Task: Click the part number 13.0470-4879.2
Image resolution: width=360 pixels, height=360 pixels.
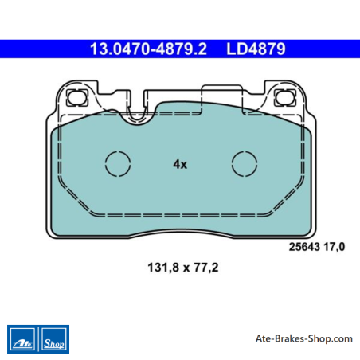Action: coord(148,49)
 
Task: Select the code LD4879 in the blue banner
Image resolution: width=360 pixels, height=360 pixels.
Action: coord(256,49)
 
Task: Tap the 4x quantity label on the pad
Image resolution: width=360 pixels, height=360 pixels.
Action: coord(180,164)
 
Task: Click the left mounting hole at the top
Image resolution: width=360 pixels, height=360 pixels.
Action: coord(77,97)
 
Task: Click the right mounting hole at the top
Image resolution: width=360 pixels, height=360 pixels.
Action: coord(285,97)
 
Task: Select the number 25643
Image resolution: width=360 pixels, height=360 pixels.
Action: coord(304,247)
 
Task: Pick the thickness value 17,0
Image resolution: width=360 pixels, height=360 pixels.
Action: coord(335,247)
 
